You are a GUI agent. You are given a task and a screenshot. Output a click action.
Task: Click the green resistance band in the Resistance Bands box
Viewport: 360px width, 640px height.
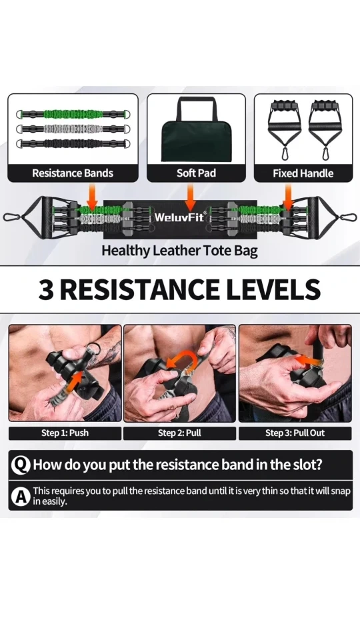(73, 114)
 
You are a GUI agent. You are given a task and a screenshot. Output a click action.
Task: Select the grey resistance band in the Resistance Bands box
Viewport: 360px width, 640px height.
(73, 129)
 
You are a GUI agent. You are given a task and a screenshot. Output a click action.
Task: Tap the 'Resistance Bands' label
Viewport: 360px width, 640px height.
(73, 173)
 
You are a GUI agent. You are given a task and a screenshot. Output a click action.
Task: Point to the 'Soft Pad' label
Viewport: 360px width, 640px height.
(196, 173)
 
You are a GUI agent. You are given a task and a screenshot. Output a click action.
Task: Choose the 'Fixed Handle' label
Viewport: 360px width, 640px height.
(303, 173)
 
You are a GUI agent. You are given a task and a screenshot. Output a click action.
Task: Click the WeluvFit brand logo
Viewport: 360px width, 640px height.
(180, 217)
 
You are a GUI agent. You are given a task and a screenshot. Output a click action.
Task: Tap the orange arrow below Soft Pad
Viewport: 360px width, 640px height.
(190, 197)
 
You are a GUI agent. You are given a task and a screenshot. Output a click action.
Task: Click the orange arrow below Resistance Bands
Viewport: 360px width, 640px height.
(92, 197)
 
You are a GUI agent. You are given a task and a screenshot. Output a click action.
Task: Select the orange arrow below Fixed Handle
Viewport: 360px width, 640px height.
(288, 197)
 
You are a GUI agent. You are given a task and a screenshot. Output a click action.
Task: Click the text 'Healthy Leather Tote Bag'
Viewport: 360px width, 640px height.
(179, 250)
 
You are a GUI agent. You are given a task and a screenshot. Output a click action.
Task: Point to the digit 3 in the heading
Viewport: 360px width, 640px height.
(46, 289)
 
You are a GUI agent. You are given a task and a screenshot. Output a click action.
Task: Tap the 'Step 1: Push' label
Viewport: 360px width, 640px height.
(65, 433)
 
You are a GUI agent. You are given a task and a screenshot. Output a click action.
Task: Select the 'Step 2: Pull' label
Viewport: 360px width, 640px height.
(179, 433)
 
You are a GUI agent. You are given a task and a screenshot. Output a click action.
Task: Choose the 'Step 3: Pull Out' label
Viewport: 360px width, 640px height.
(295, 433)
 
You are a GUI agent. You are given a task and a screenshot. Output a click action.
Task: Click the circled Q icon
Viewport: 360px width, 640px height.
(21, 465)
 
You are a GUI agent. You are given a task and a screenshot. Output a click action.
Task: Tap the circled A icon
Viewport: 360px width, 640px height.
(21, 496)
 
